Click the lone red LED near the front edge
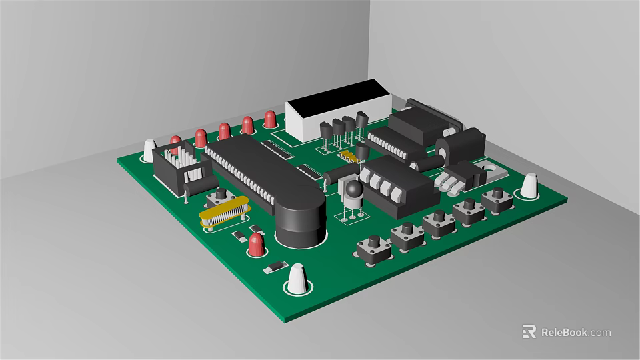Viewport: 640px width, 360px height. click(255, 245)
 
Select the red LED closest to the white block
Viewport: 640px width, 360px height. click(270, 119)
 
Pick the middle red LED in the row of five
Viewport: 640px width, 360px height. click(225, 130)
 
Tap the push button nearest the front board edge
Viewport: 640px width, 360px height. click(374, 247)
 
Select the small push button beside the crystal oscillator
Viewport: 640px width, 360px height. click(219, 197)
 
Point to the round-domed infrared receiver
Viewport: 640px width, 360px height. click(353, 192)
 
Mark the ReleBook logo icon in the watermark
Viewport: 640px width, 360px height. click(529, 331)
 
